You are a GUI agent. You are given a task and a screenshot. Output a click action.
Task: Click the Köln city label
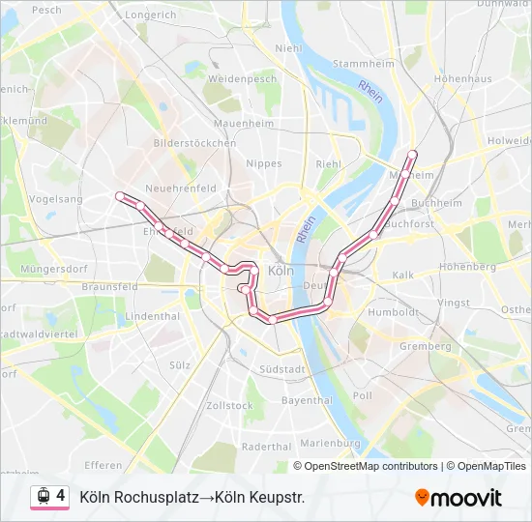click(x=279, y=272)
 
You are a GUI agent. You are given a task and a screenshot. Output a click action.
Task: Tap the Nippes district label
click(x=264, y=164)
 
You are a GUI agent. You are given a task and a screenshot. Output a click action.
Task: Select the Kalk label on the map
click(x=403, y=275)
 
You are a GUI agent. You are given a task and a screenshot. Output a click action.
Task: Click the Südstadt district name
click(x=283, y=369)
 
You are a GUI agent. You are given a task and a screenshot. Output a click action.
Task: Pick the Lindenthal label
click(x=153, y=316)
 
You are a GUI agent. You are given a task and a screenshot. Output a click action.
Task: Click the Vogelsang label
click(x=55, y=198)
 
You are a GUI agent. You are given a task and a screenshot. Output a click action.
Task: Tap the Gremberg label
click(x=425, y=346)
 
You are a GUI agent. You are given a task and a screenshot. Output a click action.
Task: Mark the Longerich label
click(x=150, y=15)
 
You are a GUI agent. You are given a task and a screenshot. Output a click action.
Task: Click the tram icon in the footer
click(x=44, y=497)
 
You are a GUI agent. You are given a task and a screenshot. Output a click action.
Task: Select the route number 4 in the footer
click(x=61, y=496)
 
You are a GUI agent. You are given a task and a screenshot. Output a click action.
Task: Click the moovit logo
click(x=458, y=498)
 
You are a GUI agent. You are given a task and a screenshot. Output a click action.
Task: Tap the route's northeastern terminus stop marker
click(x=413, y=154)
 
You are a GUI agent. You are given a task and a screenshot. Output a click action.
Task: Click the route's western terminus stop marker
click(x=120, y=196)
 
